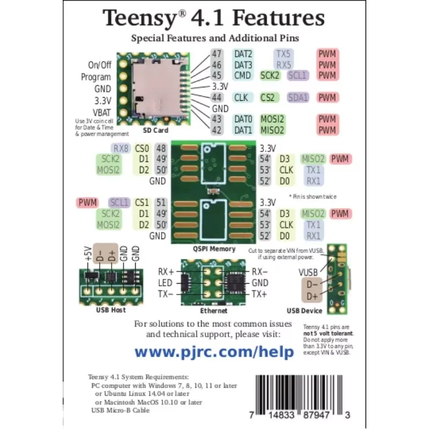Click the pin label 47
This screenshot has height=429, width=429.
[x=217, y=54]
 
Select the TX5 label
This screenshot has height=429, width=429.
[x=284, y=54]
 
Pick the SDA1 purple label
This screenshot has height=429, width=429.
[x=298, y=98]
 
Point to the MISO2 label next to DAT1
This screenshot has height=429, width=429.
[x=272, y=130]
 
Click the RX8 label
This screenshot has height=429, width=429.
[x=121, y=149]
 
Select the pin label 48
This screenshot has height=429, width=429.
[x=161, y=149]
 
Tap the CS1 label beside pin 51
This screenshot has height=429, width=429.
[x=142, y=203]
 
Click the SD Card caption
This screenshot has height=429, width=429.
[x=155, y=130]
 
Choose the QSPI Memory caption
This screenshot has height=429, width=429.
[x=214, y=249]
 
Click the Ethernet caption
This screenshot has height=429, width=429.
[x=213, y=310]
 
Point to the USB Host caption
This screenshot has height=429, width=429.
[x=111, y=310]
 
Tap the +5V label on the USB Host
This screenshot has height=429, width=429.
[x=88, y=254]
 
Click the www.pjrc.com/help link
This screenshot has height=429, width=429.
[x=214, y=352]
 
